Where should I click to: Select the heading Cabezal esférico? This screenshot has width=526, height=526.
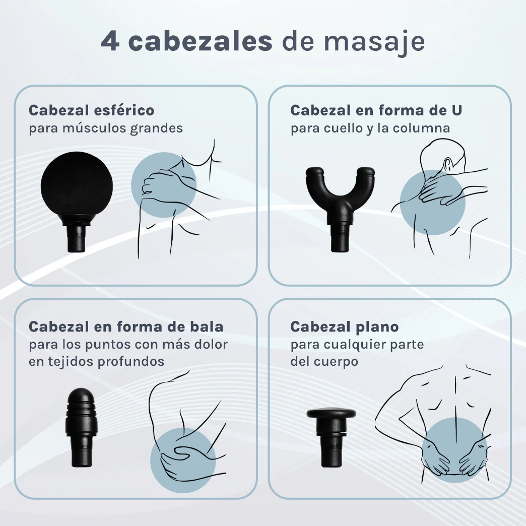[91, 110]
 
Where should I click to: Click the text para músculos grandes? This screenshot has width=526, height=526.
[106, 128]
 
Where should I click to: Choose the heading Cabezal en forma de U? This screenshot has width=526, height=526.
[376, 110]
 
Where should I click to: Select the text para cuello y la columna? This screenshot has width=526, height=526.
[370, 128]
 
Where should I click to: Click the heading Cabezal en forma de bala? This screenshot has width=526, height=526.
[126, 326]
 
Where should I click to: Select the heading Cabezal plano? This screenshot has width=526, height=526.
[344, 326]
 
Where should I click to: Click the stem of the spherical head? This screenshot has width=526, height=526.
[76, 239]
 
